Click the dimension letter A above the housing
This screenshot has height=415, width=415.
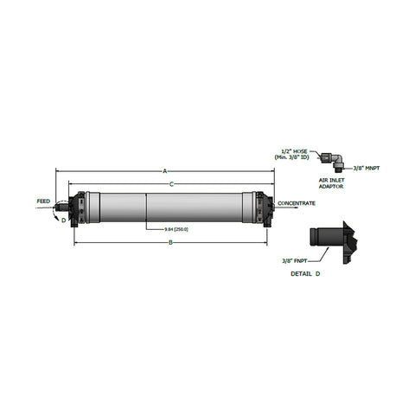pyautogui.click(x=164, y=172)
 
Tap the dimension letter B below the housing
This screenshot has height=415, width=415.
pyautogui.click(x=170, y=243)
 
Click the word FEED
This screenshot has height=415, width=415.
pyautogui.click(x=43, y=201)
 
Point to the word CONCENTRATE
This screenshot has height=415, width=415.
pyautogui.click(x=297, y=203)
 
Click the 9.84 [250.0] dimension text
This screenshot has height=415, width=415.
pyautogui.click(x=177, y=230)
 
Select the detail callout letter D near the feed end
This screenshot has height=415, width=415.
pyautogui.click(x=63, y=220)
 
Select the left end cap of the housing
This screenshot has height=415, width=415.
pyautogui.click(x=80, y=208)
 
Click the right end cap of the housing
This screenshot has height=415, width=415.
pyautogui.click(x=262, y=208)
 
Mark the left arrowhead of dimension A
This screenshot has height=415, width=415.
pyautogui.click(x=58, y=172)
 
